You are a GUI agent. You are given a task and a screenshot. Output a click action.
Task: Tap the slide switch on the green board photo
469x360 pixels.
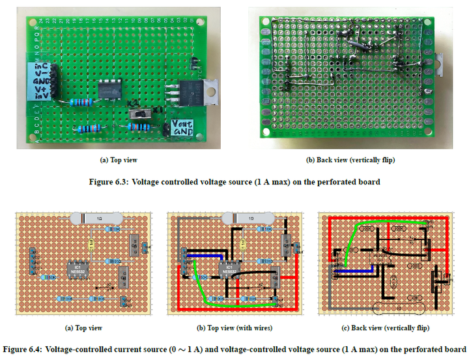click(139, 115)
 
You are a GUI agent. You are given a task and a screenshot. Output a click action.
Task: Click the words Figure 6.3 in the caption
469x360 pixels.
click(107, 182)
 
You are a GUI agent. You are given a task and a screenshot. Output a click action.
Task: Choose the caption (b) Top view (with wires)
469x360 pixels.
click(234, 328)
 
